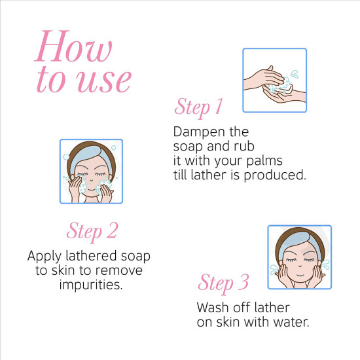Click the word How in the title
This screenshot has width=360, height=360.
coord(73,46)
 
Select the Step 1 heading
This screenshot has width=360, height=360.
coord(198,107)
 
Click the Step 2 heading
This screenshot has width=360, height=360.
coord(92,231)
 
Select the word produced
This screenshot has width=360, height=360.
coord(275,175)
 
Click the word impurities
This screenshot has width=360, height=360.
coord(91,285)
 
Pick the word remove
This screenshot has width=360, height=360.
coord(119,270)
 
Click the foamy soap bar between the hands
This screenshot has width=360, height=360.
coord(281,87)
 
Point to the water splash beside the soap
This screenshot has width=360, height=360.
coord(295,74)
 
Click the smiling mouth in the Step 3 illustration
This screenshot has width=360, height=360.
coord(300,275)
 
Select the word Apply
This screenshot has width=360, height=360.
coord(45,257)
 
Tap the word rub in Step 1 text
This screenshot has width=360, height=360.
coord(244,147)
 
